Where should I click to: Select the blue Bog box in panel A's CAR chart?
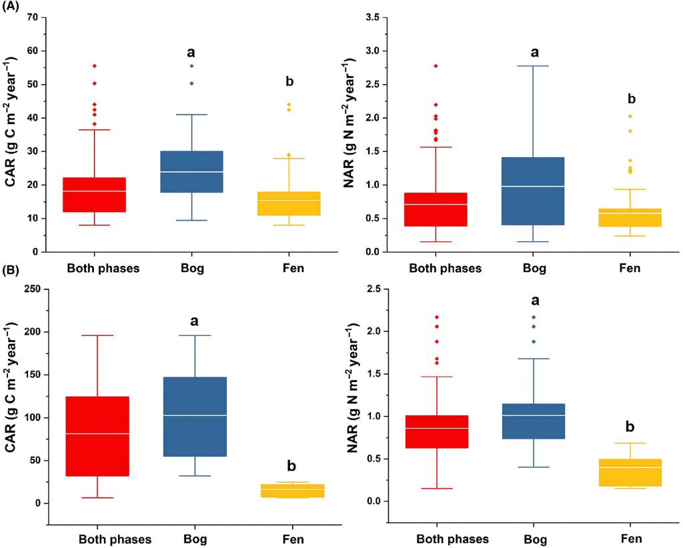(195, 172)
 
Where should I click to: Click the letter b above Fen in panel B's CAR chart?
(291, 465)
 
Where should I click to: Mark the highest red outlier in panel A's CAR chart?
(95, 66)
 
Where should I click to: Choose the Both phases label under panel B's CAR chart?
(115, 538)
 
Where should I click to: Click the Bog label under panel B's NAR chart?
(534, 538)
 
